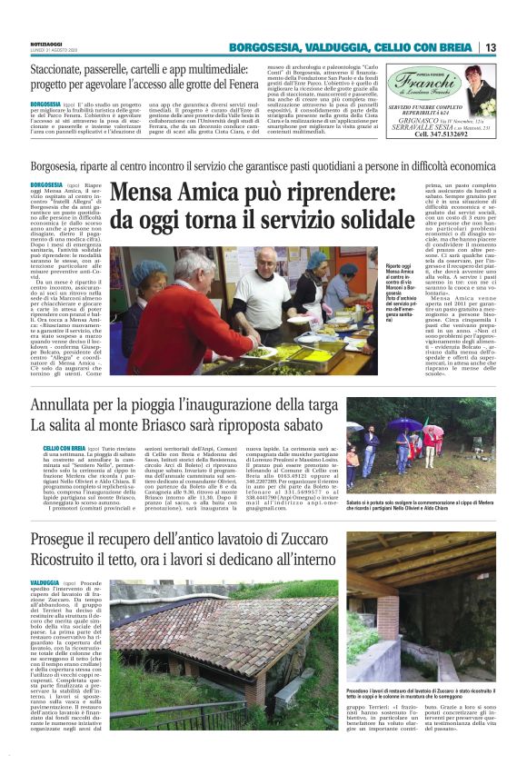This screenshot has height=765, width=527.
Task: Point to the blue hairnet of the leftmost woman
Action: coord(149,270)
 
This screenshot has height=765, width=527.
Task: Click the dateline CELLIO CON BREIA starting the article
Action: coord(64,449)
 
